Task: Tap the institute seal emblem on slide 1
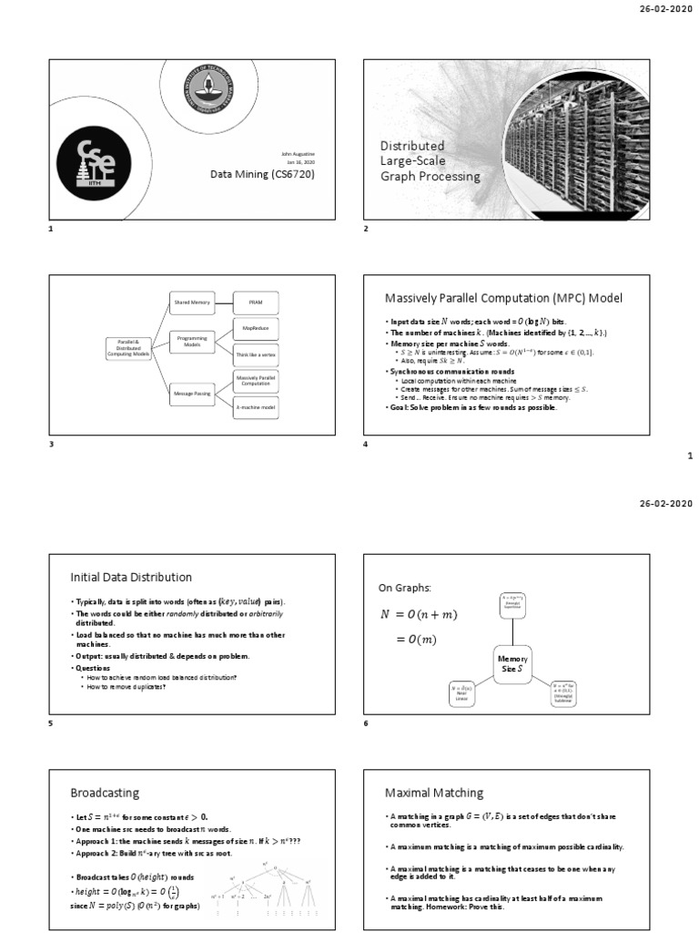click(208, 91)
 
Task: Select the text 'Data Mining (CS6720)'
click(262, 173)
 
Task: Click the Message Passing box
click(192, 393)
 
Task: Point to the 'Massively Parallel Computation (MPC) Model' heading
click(504, 299)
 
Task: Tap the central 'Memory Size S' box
click(512, 664)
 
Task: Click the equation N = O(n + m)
click(419, 615)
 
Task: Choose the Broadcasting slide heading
click(105, 793)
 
